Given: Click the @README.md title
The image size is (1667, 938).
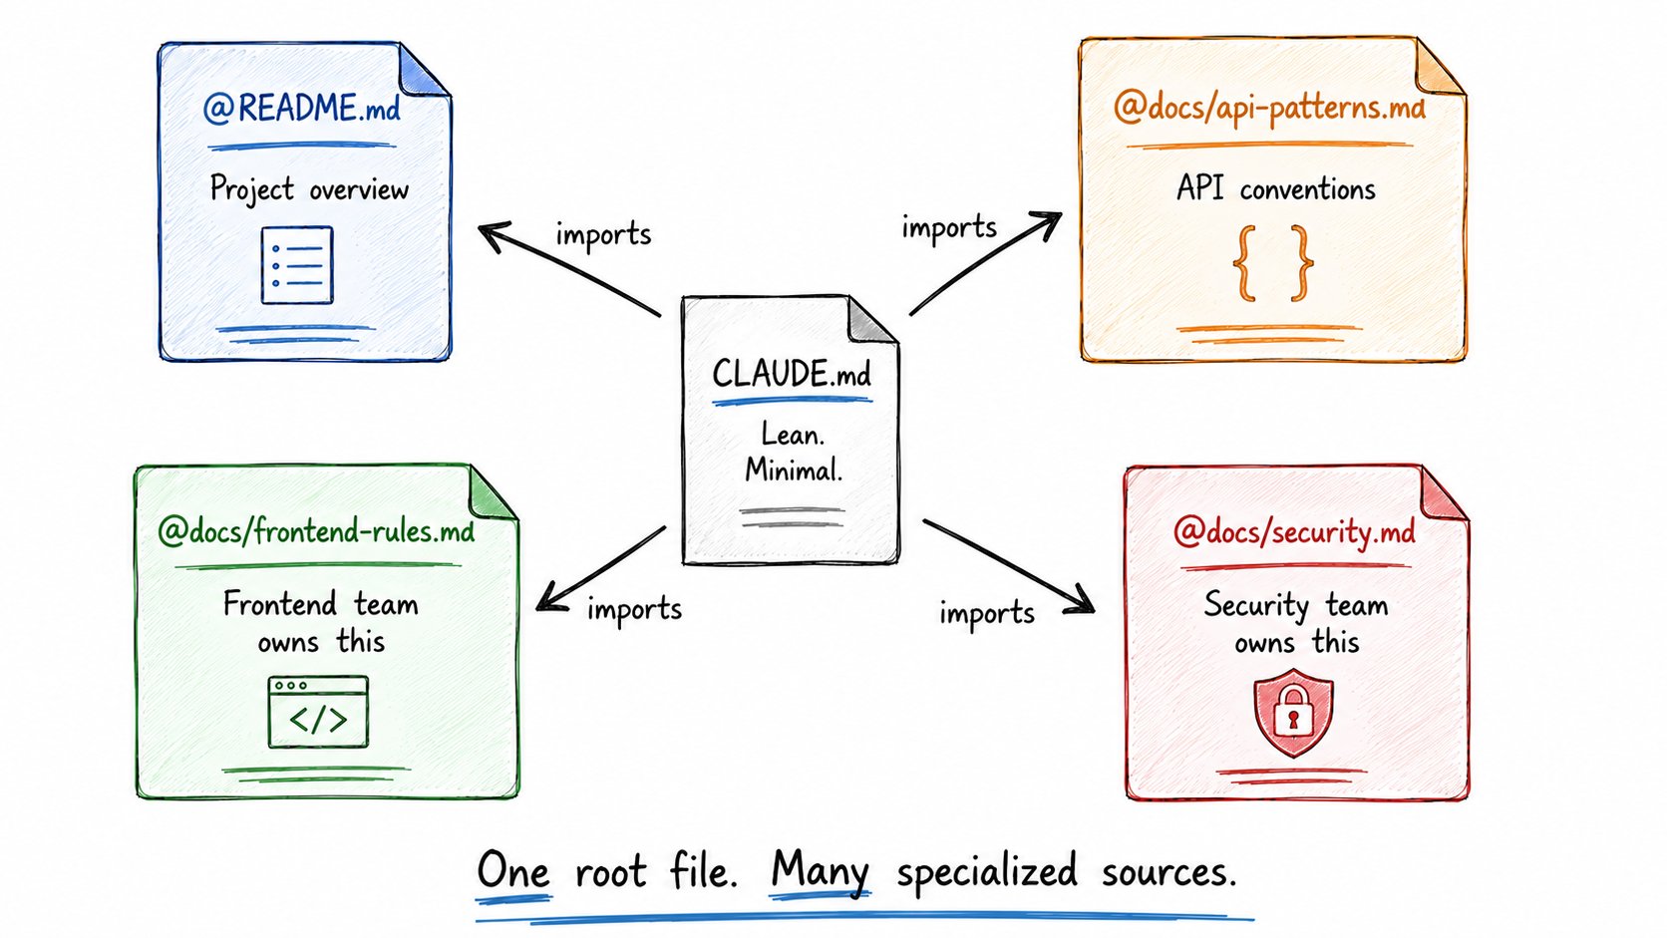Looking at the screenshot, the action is click(301, 109).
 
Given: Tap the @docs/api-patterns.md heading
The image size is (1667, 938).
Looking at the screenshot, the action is click(1269, 109).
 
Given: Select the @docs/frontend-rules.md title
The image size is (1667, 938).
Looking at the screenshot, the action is click(316, 532).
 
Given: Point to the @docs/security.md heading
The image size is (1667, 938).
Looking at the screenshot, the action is click(1294, 532).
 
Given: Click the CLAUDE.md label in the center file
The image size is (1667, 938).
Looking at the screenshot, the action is click(792, 374).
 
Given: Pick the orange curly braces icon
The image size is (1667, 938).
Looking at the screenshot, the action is click(1273, 263).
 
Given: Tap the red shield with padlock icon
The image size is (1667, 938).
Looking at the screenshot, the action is click(1293, 713).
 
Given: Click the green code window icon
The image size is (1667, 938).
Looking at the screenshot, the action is click(318, 712).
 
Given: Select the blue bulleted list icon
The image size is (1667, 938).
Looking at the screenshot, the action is click(297, 265).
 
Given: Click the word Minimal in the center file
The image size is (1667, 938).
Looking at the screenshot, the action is click(794, 470).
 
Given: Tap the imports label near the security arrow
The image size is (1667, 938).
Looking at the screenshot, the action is click(987, 614).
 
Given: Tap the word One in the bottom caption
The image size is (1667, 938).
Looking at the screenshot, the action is click(513, 871).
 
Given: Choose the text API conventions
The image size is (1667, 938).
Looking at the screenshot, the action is click(1275, 189).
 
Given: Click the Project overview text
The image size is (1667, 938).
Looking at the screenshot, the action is click(309, 189).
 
